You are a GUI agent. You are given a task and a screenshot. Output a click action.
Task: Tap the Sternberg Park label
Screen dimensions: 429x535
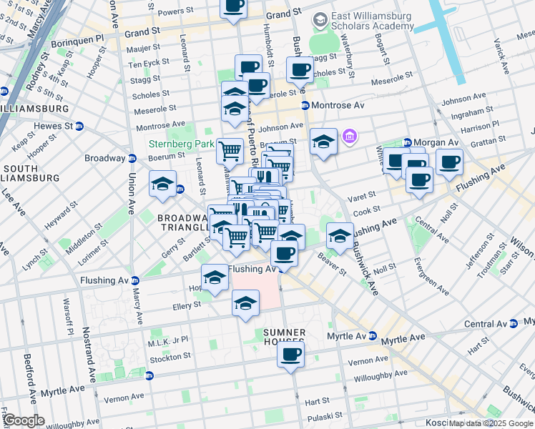point(181,144)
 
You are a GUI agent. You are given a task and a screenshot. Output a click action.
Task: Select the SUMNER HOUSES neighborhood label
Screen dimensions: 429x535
point(284,339)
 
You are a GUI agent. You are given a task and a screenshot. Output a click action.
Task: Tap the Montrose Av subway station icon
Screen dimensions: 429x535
point(305,105)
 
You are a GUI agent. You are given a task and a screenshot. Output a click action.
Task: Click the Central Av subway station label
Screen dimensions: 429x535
point(485,324)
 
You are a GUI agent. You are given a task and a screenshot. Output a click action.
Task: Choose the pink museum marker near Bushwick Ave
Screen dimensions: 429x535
point(349,136)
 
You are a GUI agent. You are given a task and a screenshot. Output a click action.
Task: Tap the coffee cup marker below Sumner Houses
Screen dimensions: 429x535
point(290,355)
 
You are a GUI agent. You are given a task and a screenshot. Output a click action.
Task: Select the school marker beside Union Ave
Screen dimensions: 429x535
point(162,184)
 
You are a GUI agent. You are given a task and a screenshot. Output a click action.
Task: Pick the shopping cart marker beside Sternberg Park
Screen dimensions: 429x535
point(230,151)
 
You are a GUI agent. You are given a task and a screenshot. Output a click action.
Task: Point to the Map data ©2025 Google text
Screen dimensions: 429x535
point(491,423)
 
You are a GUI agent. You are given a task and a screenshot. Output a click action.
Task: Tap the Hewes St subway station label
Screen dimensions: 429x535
point(54,126)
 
